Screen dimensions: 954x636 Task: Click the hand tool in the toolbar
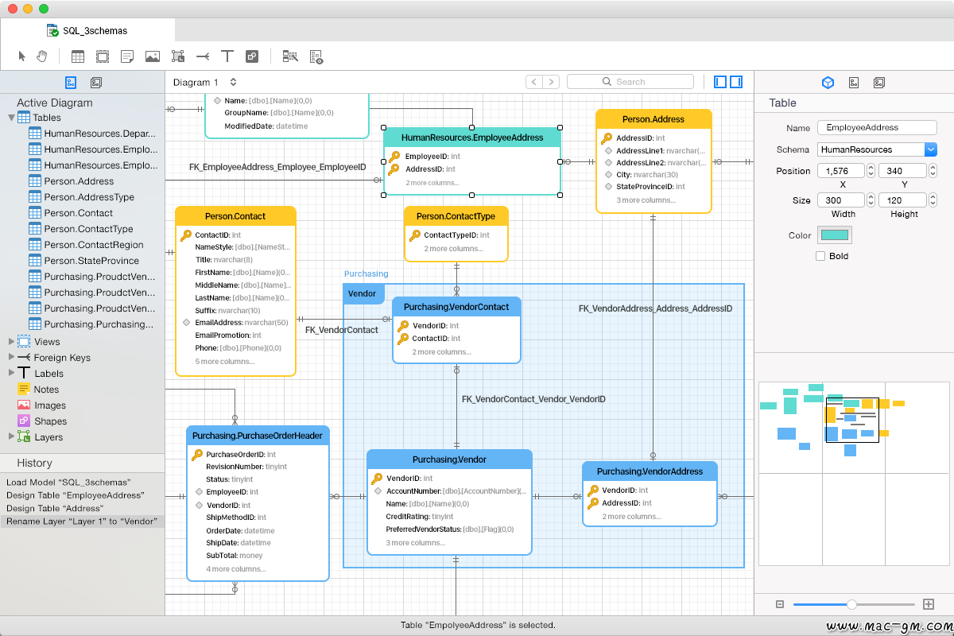point(41,56)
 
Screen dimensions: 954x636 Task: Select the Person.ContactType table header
point(456,216)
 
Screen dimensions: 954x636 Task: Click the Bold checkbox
point(820,256)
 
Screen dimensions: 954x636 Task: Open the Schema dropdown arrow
point(931,149)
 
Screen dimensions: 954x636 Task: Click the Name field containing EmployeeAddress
point(877,127)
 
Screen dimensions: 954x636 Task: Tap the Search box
point(630,82)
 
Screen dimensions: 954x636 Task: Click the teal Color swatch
point(834,235)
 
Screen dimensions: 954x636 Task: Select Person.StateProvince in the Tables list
point(91,260)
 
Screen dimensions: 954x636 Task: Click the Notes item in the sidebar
point(46,390)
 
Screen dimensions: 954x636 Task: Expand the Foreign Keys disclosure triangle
point(11,357)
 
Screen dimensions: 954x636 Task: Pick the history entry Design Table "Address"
point(55,508)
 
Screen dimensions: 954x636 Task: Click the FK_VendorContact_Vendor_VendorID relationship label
point(533,399)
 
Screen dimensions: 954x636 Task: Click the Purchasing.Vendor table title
point(449,460)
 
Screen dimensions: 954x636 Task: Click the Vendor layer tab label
point(362,293)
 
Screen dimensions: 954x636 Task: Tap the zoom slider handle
point(851,604)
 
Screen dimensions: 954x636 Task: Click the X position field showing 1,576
point(841,171)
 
